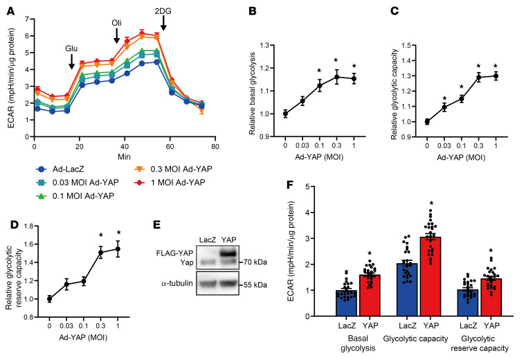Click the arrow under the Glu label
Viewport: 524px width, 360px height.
72,62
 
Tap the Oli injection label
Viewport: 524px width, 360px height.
117,23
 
